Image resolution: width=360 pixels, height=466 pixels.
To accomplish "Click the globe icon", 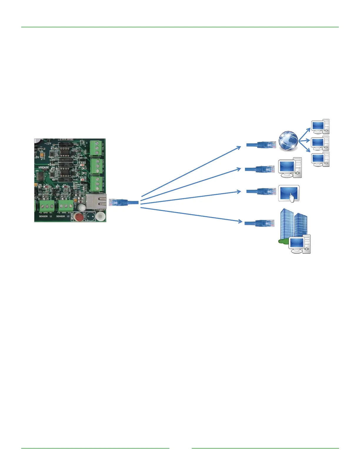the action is tap(288, 141).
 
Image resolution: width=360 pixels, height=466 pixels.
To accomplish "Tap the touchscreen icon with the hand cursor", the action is tap(289, 194).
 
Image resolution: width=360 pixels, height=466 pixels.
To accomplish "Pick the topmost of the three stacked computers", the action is tap(320, 127).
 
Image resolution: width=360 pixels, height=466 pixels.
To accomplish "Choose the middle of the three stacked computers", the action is tap(320, 143).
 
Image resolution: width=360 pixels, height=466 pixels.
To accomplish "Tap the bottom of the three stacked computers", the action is tap(320, 159).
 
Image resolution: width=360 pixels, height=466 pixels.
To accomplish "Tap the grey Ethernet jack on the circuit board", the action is tap(96, 201).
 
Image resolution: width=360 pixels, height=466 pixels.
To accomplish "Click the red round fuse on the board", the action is tap(79, 217).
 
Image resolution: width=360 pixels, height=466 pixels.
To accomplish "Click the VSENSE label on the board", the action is tap(44, 167).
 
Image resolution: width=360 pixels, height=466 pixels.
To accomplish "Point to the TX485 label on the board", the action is tap(81, 162).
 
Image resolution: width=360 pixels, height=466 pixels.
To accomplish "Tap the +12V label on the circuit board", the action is tap(48, 144).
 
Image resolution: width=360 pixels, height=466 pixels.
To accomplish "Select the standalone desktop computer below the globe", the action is tap(290, 168).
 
